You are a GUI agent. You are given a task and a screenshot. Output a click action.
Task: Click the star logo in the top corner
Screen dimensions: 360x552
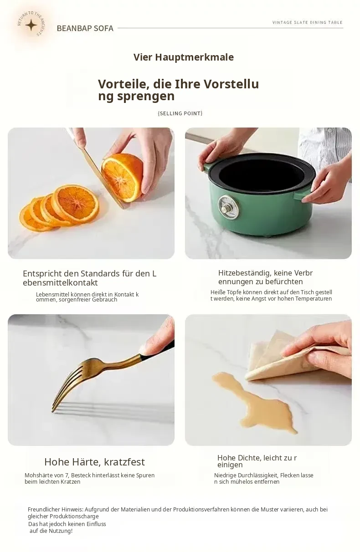pyautogui.click(x=31, y=26)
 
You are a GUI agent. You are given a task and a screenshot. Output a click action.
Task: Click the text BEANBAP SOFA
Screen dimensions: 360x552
pyautogui.click(x=85, y=28)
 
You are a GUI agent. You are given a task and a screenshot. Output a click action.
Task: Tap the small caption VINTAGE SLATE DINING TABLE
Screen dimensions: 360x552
pyautogui.click(x=307, y=22)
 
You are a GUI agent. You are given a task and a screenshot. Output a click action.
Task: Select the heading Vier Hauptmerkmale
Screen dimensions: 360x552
pyautogui.click(x=184, y=57)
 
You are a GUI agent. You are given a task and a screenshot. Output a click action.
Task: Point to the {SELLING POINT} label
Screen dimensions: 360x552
pyautogui.click(x=180, y=113)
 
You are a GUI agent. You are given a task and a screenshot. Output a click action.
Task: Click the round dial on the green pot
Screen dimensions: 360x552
pyautogui.click(x=228, y=207)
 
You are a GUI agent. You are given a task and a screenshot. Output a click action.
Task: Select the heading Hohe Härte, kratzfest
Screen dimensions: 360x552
pyautogui.click(x=94, y=462)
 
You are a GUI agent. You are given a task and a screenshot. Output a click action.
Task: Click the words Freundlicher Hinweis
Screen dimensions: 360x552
pyautogui.click(x=56, y=509)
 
